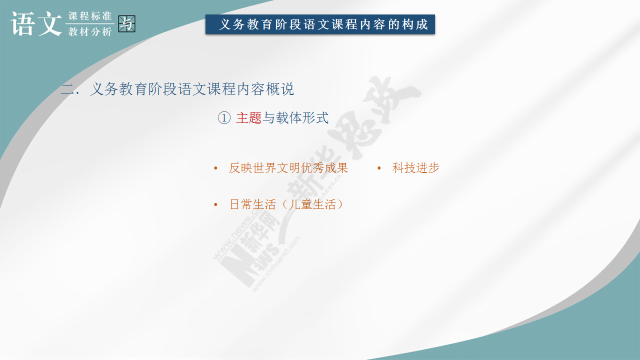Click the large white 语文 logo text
(36, 23)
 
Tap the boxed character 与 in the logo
(126, 23)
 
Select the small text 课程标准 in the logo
(90, 16)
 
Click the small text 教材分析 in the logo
(90, 31)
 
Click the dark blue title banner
(320, 24)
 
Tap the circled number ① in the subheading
(224, 117)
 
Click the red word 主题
(248, 117)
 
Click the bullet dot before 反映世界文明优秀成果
(215, 168)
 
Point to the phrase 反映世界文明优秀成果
(288, 167)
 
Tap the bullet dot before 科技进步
(379, 168)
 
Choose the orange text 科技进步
(415, 167)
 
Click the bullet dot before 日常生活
(215, 204)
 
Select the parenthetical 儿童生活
(312, 204)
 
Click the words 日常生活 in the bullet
(252, 204)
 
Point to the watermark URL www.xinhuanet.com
(275, 263)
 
